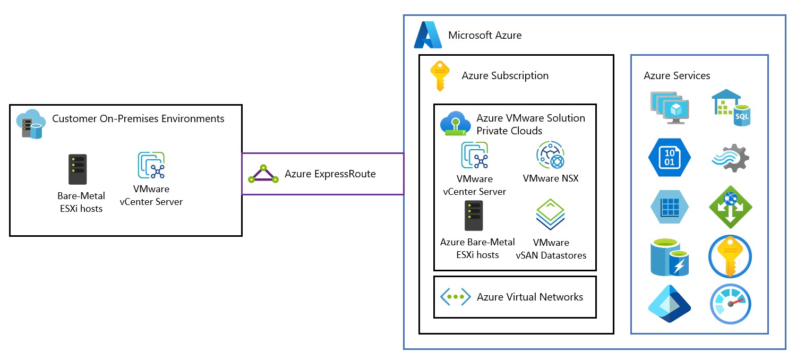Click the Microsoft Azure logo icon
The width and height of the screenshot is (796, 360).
(x=428, y=36)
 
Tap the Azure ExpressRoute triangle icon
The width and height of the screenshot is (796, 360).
(x=263, y=175)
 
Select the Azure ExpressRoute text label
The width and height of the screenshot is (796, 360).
(x=330, y=174)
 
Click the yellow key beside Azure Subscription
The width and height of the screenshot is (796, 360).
(x=440, y=76)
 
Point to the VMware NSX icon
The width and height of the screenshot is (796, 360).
(x=550, y=156)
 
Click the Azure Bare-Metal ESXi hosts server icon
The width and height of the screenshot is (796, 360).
(x=474, y=216)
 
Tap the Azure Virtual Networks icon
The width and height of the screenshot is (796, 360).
(x=455, y=297)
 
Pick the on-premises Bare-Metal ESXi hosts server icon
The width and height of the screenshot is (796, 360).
(x=78, y=169)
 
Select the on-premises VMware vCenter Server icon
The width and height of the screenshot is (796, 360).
(x=151, y=166)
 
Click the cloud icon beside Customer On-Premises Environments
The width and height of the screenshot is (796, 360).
(x=31, y=123)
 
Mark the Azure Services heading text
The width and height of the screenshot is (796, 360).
(x=677, y=75)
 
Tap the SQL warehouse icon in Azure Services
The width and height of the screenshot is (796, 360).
(x=731, y=108)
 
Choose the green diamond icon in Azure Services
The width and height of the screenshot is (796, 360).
(x=731, y=207)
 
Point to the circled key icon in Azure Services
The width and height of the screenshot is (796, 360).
(x=731, y=256)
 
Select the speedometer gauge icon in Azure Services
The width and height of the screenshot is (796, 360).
(x=731, y=304)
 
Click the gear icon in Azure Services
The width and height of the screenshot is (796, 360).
(x=731, y=158)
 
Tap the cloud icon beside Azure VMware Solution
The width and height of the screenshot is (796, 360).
(x=456, y=124)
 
